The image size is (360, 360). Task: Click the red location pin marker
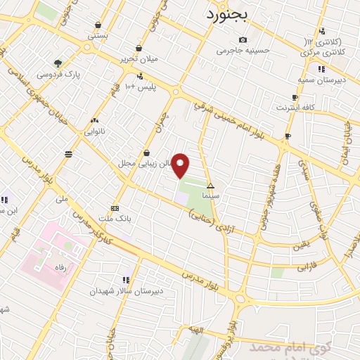pos(181,165)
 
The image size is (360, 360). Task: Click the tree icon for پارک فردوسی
pos(58,63)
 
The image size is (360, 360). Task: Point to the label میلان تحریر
pos(140,59)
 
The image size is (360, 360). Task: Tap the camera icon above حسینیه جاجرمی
pos(243,39)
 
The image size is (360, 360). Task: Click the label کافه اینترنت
pos(295,107)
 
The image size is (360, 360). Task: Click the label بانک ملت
pos(115,219)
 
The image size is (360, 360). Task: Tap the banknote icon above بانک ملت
pos(115,208)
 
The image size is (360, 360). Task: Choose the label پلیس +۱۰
pos(139,86)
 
